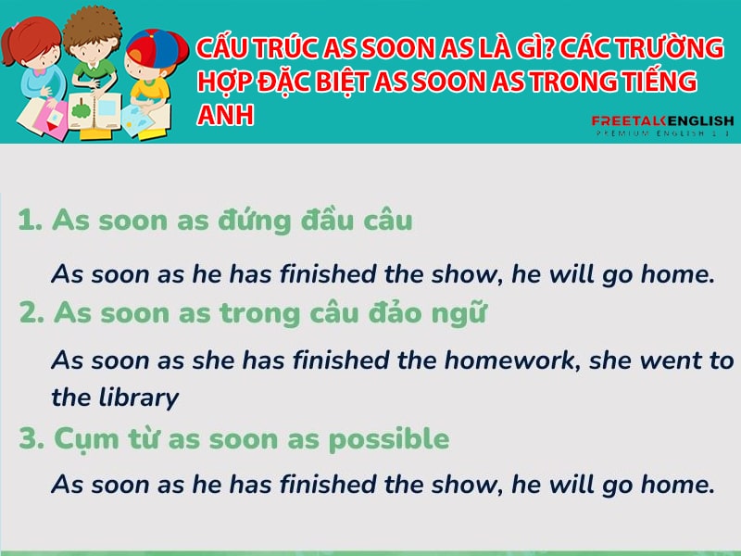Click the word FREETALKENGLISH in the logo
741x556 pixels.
(662, 121)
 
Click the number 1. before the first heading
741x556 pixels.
(31, 221)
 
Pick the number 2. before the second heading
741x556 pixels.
(32, 312)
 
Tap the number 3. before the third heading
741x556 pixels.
(32, 438)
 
